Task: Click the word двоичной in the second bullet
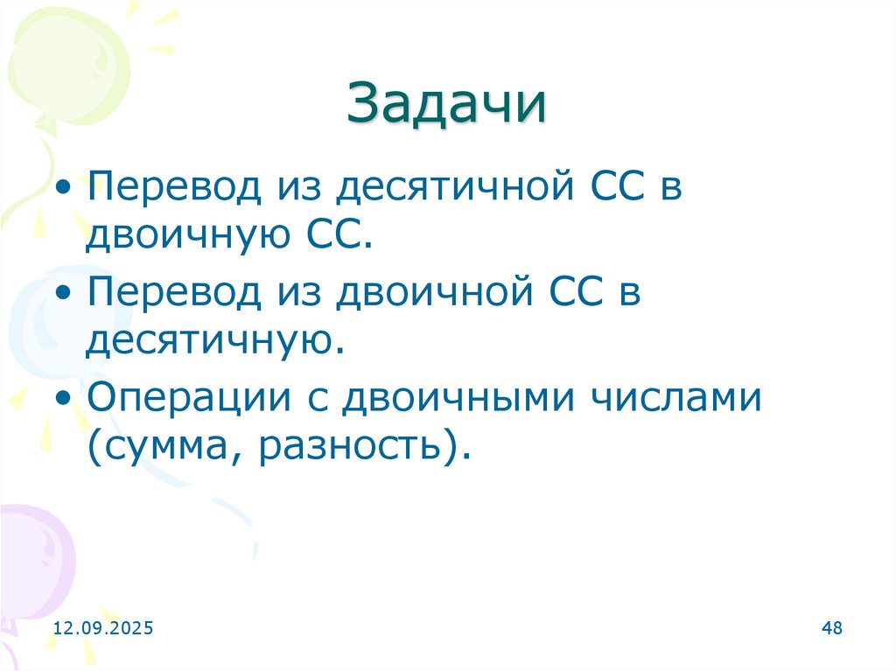pos(433,293)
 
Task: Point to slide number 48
pos(832,628)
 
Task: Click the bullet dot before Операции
pos(64,398)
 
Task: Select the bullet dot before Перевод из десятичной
pos(64,190)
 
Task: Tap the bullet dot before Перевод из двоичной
pos(64,293)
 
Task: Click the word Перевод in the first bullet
pos(173,190)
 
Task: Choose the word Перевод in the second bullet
pos(173,293)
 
